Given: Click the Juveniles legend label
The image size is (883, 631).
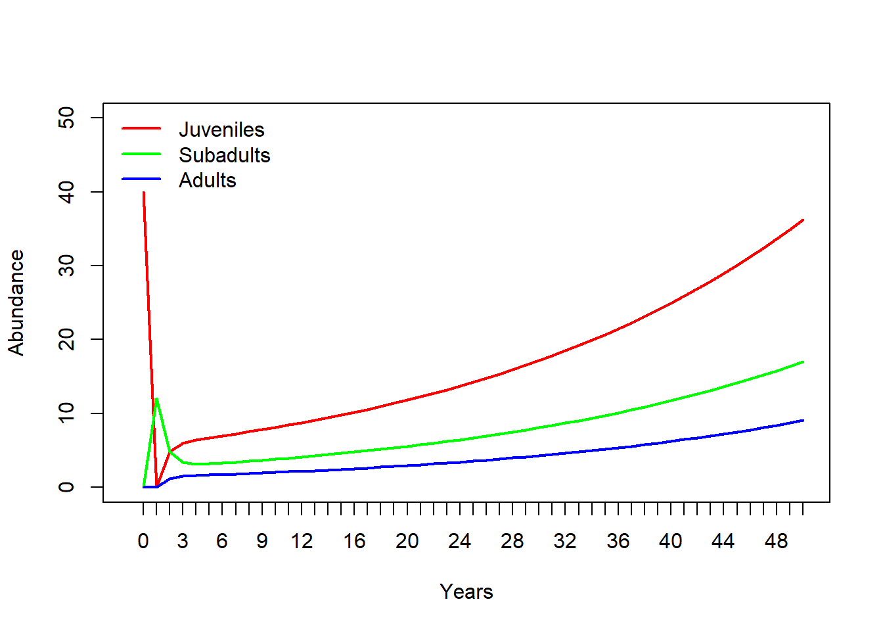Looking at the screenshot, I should [221, 129].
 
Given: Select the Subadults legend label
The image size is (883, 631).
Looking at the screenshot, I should [224, 155].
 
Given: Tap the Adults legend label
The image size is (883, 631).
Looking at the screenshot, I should [207, 180].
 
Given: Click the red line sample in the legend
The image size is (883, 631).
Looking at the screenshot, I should [141, 128].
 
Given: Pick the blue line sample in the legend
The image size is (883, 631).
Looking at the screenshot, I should [141, 179].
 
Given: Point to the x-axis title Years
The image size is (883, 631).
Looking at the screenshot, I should [466, 592].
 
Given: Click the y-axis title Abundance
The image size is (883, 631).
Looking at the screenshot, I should [16, 302].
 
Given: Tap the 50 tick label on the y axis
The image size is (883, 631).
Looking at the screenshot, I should [66, 118].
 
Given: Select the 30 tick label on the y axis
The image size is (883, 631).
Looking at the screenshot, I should [66, 266].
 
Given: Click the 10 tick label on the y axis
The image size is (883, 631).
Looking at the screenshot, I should [66, 413].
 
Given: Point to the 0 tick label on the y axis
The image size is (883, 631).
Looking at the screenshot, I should [66, 487].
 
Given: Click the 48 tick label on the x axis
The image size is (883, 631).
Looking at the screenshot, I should [776, 541].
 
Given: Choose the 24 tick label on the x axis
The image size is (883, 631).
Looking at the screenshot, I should [459, 541].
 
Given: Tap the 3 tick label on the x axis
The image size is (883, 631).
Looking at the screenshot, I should [183, 541].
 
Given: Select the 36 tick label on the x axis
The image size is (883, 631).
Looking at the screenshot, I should [618, 541].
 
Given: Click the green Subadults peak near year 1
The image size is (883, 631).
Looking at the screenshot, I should [156, 399].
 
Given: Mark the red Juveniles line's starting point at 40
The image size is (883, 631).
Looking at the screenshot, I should [143, 193].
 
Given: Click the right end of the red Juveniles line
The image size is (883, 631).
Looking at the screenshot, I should [802, 220].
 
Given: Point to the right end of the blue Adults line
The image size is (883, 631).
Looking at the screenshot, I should [802, 421].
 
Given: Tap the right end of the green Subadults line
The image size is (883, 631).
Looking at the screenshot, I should [802, 362].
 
